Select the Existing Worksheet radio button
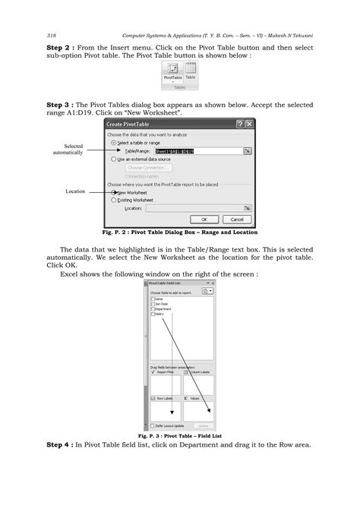(x=115, y=200)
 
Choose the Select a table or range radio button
(x=115, y=142)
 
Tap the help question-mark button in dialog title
(x=238, y=124)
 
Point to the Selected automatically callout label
(x=73, y=150)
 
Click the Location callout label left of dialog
(x=75, y=191)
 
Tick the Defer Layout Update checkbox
(x=152, y=425)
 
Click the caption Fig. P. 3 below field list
(x=179, y=436)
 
